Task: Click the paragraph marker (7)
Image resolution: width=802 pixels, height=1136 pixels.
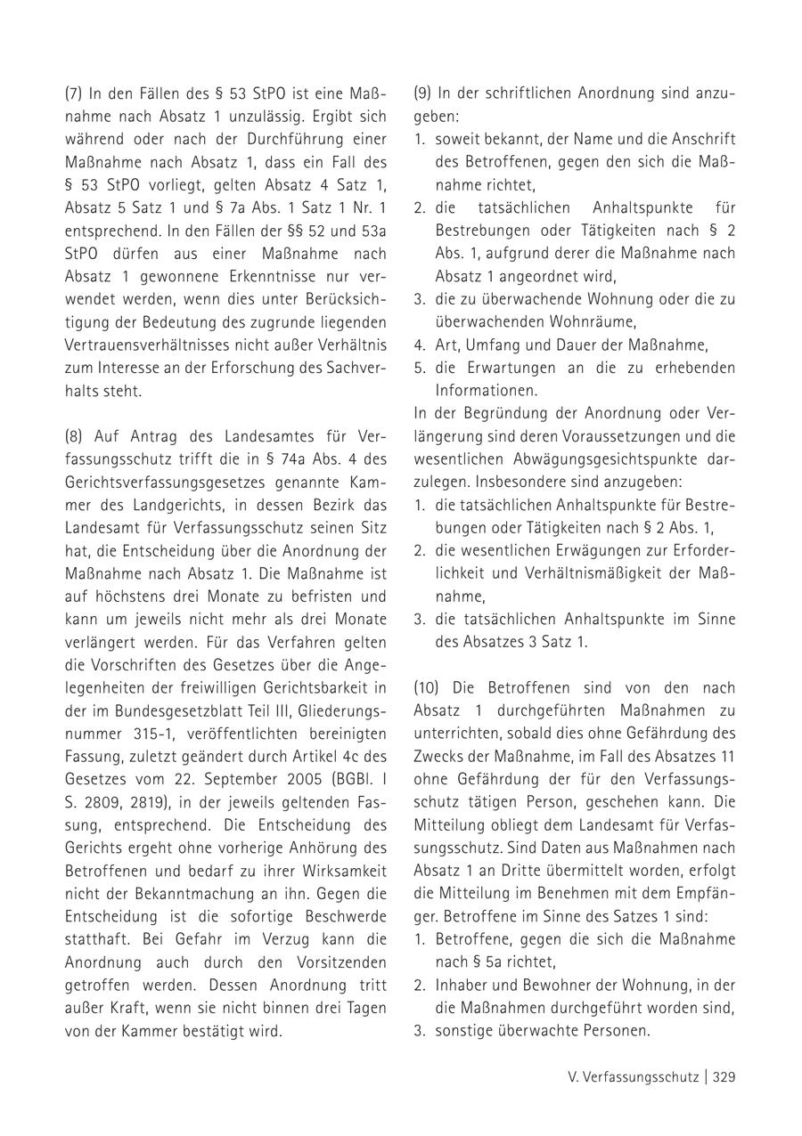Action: [75, 93]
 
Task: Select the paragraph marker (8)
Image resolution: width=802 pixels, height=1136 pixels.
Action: [75, 436]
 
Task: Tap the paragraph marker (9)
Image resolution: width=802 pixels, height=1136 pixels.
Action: [424, 93]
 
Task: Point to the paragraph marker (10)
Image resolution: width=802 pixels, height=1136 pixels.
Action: [429, 687]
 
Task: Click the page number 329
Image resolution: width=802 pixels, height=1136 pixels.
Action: [724, 1076]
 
